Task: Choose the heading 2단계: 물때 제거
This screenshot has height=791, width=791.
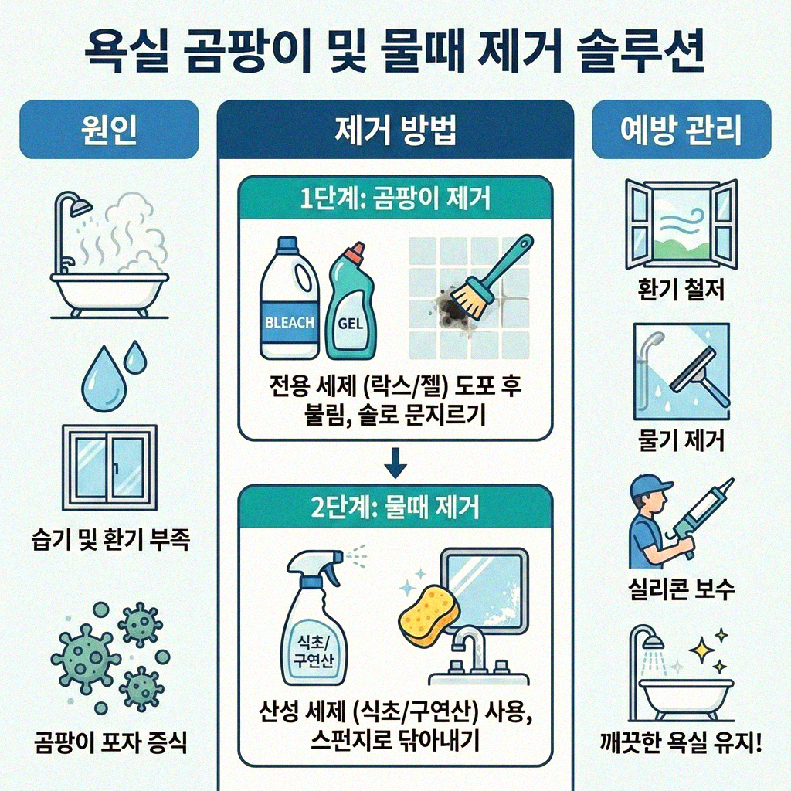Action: point(395,508)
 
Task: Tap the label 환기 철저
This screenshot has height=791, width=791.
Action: point(680,293)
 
